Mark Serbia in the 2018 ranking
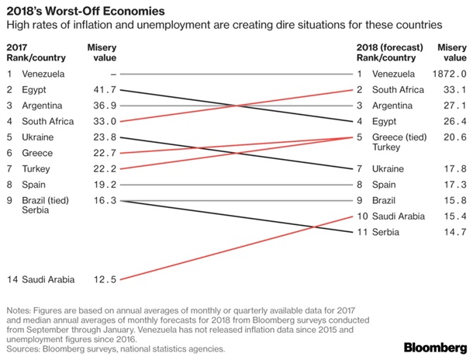(388, 231)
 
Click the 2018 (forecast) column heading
(386, 47)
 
